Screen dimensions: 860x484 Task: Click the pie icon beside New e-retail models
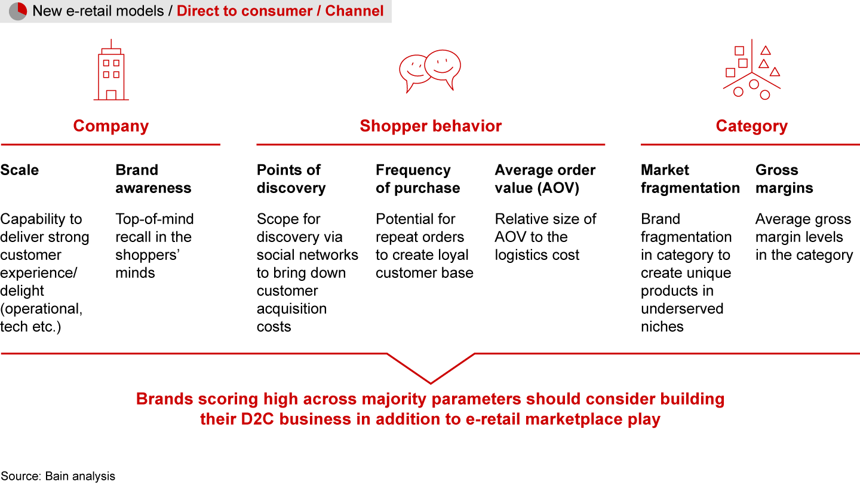pyautogui.click(x=18, y=11)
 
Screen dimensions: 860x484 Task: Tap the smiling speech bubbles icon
pyautogui.click(x=430, y=71)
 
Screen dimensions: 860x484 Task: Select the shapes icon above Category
pyautogui.click(x=752, y=69)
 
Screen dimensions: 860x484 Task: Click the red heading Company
pyautogui.click(x=111, y=126)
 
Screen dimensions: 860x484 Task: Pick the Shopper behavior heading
pyautogui.click(x=431, y=126)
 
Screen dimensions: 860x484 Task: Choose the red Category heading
pyautogui.click(x=752, y=126)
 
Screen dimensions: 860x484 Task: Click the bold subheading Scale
pyautogui.click(x=20, y=170)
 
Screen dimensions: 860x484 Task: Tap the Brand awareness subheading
pyautogui.click(x=153, y=179)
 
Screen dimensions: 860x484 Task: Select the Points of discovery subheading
pyautogui.click(x=291, y=179)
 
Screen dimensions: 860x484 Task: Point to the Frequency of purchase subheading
pyautogui.click(x=417, y=179)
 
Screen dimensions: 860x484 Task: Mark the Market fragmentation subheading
pyautogui.click(x=690, y=179)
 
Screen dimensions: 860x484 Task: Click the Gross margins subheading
pyautogui.click(x=784, y=179)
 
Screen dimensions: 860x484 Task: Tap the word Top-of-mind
pyautogui.click(x=155, y=219)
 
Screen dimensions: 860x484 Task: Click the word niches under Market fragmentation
pyautogui.click(x=662, y=326)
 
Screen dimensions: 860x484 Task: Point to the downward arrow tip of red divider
pyautogui.click(x=431, y=383)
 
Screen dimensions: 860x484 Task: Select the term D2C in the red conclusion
pyautogui.click(x=257, y=419)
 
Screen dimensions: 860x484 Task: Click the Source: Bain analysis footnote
pyautogui.click(x=57, y=476)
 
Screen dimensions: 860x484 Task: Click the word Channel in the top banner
pyautogui.click(x=354, y=11)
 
